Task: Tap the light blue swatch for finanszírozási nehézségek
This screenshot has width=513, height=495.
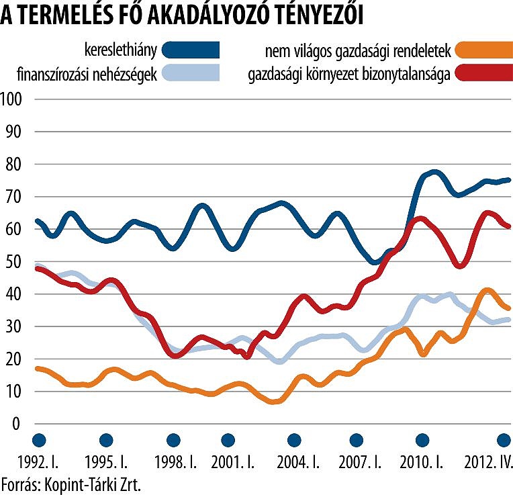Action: (x=191, y=72)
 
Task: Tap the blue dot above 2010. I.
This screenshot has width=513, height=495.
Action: (x=422, y=440)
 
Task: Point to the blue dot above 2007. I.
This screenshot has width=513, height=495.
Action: (x=357, y=440)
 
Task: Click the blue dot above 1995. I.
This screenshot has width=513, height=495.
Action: (x=105, y=440)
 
